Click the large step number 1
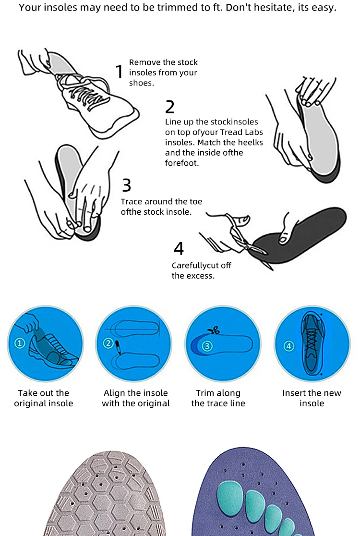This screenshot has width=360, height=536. tap(119, 72)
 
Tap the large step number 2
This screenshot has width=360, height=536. tap(170, 107)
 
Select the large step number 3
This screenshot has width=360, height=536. tap(126, 185)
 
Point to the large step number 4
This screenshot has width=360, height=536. tap(179, 248)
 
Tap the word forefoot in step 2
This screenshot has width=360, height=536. tap(182, 163)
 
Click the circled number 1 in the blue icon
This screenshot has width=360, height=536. tap(20, 343)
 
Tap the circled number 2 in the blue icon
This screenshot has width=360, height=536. tap(108, 343)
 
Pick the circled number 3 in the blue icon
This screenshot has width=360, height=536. tap(207, 346)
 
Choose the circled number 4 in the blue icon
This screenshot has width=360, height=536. tap(289, 346)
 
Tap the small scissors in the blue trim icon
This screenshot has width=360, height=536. tap(214, 330)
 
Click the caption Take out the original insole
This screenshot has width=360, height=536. tap(43, 398)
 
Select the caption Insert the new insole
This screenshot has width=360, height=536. tap(312, 398)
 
